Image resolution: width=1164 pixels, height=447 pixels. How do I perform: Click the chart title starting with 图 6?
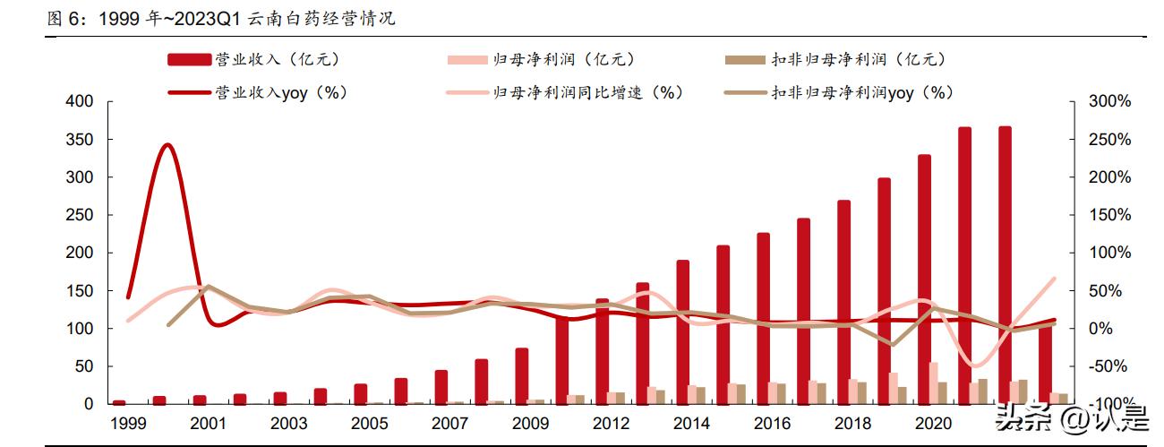click(220, 19)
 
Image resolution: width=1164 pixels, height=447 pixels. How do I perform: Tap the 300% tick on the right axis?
click(1109, 102)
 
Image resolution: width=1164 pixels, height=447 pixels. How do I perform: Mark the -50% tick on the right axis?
click(1109, 366)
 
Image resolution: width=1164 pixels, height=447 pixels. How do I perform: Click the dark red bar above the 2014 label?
click(683, 331)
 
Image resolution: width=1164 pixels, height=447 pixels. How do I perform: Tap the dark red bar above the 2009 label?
click(522, 375)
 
